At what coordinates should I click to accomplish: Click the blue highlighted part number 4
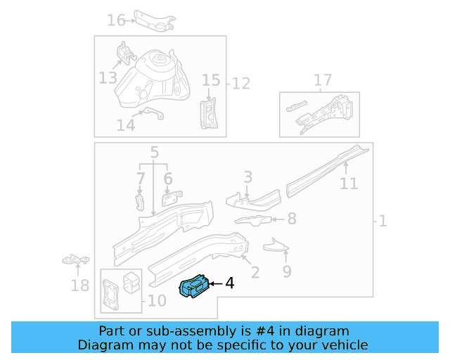pos(195,287)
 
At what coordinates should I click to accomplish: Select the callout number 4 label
pos(229,284)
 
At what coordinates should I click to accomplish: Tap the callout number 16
pos(116,20)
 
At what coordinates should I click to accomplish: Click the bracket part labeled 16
pos(154,21)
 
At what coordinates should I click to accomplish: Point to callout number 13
pos(108,77)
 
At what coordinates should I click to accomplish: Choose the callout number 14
pos(125,125)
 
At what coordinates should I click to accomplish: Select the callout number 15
pos(211,80)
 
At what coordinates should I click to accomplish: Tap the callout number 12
pos(241,84)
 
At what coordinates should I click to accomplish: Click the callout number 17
pos(323,80)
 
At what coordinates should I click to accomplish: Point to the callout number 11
pos(349,184)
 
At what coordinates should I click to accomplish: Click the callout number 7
pos(141,179)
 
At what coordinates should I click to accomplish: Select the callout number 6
pos(168,179)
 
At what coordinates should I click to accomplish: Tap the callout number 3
pos(247,176)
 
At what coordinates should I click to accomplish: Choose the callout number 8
pos(292,219)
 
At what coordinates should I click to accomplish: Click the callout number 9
pos(287,270)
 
